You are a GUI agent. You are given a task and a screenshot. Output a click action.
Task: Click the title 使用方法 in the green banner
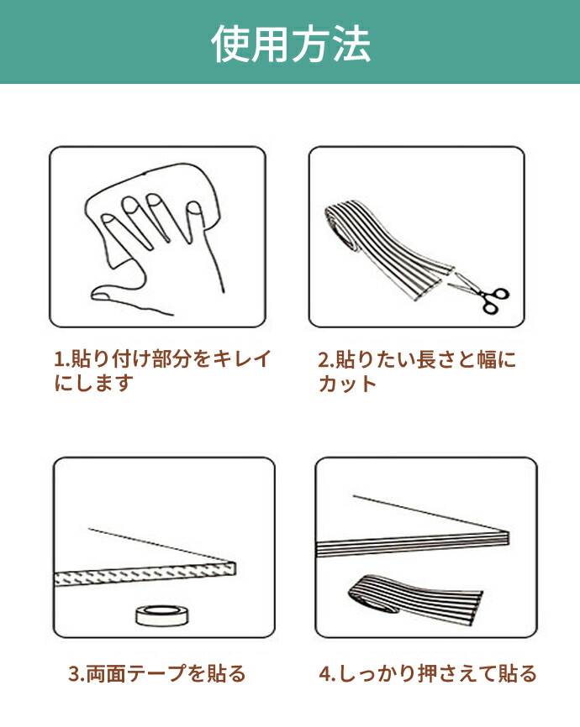291,44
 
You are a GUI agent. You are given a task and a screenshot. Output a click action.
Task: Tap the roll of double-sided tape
162,615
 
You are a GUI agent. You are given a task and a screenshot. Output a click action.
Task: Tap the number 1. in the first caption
61,358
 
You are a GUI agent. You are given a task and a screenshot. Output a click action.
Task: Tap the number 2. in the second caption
325,360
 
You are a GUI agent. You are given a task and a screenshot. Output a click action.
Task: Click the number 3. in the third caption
76,673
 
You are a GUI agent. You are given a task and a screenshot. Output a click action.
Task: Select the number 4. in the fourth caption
327,673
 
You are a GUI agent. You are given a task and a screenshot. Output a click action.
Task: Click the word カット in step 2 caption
347,384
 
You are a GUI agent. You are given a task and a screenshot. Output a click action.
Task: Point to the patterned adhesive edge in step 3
145,574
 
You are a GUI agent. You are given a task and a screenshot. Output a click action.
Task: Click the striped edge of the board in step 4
413,543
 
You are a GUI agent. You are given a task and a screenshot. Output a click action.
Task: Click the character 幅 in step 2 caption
487,360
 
